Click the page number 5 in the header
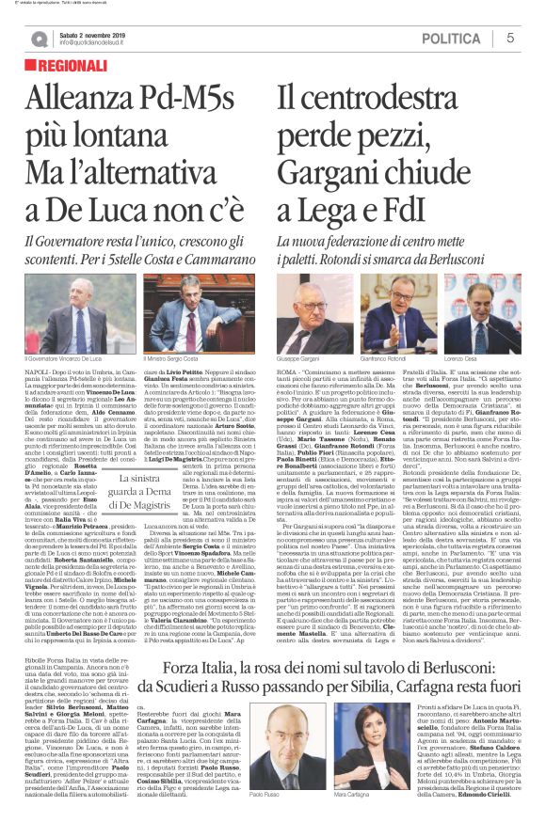pos(510,38)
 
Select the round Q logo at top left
pos(39,39)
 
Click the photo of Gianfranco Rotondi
pos(399,313)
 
